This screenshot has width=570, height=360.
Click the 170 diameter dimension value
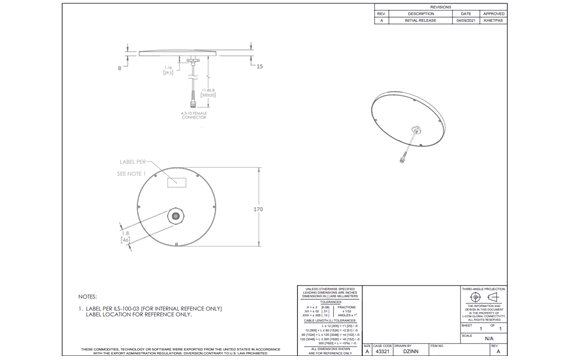coord(258,209)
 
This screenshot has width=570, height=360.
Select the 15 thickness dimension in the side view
coord(258,66)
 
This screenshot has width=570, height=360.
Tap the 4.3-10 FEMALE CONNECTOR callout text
coord(193,115)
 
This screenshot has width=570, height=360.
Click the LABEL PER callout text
coord(134,161)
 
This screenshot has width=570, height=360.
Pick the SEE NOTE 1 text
coord(131,173)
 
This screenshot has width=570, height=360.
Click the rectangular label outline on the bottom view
coord(176,181)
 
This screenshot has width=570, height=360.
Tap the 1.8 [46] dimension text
coord(125,236)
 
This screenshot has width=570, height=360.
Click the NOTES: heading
coord(87,296)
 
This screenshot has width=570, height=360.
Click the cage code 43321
coord(381,352)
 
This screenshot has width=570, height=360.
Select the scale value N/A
coord(489,339)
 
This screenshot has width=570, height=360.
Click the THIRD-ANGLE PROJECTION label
coord(483,288)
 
